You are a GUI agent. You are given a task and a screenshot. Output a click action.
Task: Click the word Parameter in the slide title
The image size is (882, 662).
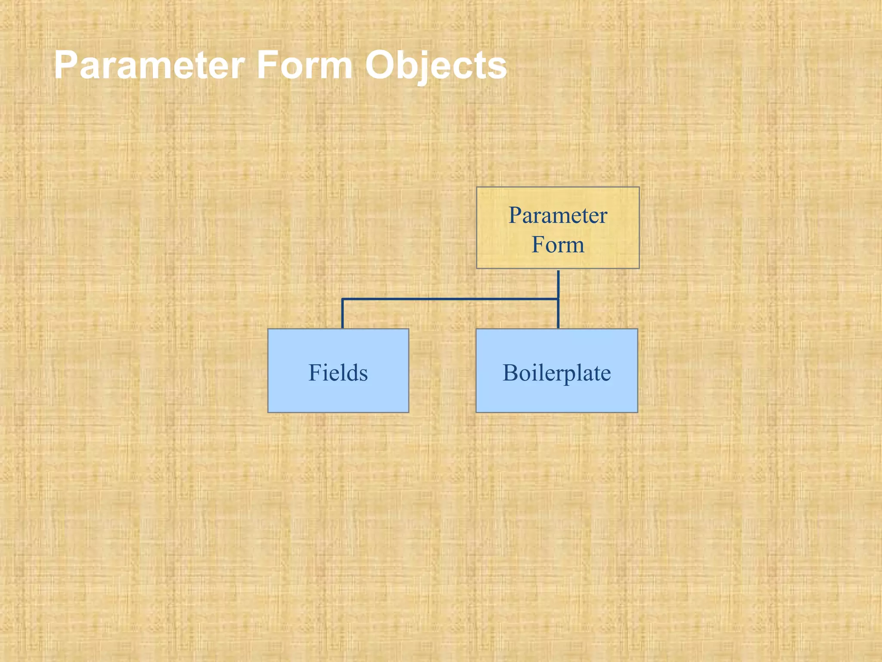(x=149, y=66)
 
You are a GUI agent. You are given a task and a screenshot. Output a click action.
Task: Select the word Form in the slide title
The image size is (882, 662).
(x=304, y=66)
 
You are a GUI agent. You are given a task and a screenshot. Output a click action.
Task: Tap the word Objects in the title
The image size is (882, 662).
(x=436, y=66)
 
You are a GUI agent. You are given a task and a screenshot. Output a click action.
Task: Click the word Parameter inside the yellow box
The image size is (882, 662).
(x=558, y=215)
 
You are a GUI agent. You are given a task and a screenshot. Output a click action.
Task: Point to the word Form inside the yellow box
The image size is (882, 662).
(x=558, y=244)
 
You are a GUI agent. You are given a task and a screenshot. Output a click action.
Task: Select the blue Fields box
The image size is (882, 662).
(x=338, y=392)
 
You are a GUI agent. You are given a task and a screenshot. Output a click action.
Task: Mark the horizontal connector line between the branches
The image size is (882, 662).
(x=450, y=299)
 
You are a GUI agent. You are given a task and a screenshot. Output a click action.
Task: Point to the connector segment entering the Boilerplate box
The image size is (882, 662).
(x=558, y=315)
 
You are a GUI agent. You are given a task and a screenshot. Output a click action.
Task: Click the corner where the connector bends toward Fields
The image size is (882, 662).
(x=343, y=299)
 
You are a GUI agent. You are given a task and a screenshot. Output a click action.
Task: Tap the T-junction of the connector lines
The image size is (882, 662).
(x=558, y=299)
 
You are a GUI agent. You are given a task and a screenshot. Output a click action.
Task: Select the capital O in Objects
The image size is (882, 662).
(x=381, y=66)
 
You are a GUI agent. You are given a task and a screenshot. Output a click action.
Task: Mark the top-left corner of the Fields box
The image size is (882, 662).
(x=268, y=329)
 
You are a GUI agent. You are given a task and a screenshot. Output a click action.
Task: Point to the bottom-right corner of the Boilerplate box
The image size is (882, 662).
(x=637, y=412)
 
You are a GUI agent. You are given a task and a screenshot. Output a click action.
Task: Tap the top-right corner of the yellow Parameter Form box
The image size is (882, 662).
(x=639, y=187)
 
